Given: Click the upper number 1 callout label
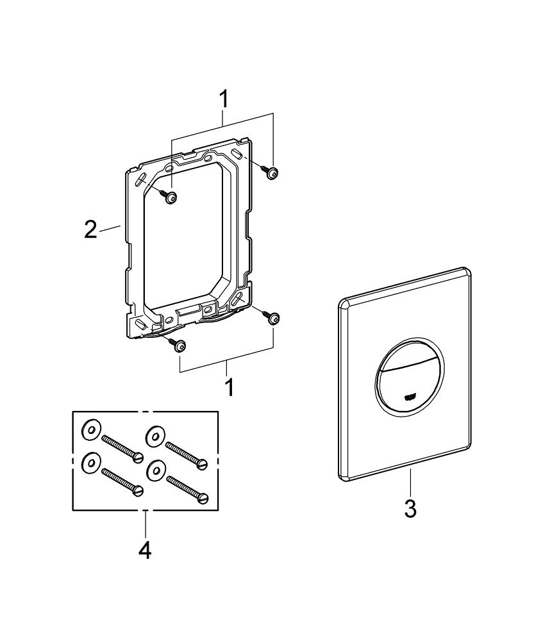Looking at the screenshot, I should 223,99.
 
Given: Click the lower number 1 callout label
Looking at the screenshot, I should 228,387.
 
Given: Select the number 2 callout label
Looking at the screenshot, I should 91,229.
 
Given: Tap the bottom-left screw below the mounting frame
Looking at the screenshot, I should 179,345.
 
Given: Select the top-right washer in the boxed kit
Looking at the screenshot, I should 154,434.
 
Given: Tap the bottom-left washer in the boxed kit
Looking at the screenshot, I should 90,462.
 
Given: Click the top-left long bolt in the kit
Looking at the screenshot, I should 122,447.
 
